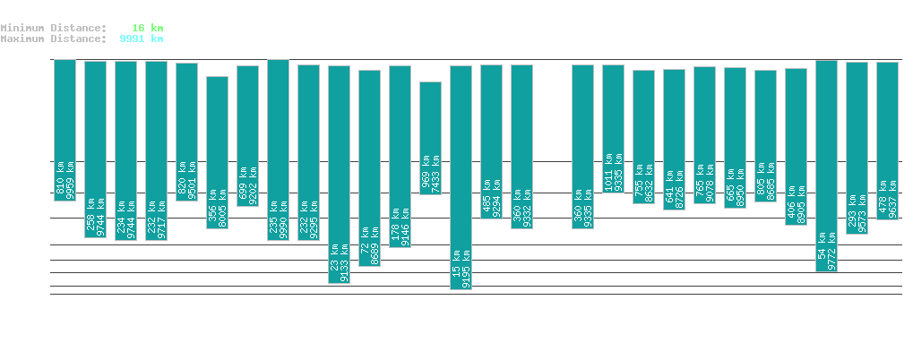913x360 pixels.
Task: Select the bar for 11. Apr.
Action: tap(339, 174)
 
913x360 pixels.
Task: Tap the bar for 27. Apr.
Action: tap(826, 166)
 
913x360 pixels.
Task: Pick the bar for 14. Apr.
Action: tap(430, 138)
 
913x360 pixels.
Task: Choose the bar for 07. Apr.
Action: tap(217, 152)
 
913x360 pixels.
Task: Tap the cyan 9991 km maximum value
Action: tap(142, 39)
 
